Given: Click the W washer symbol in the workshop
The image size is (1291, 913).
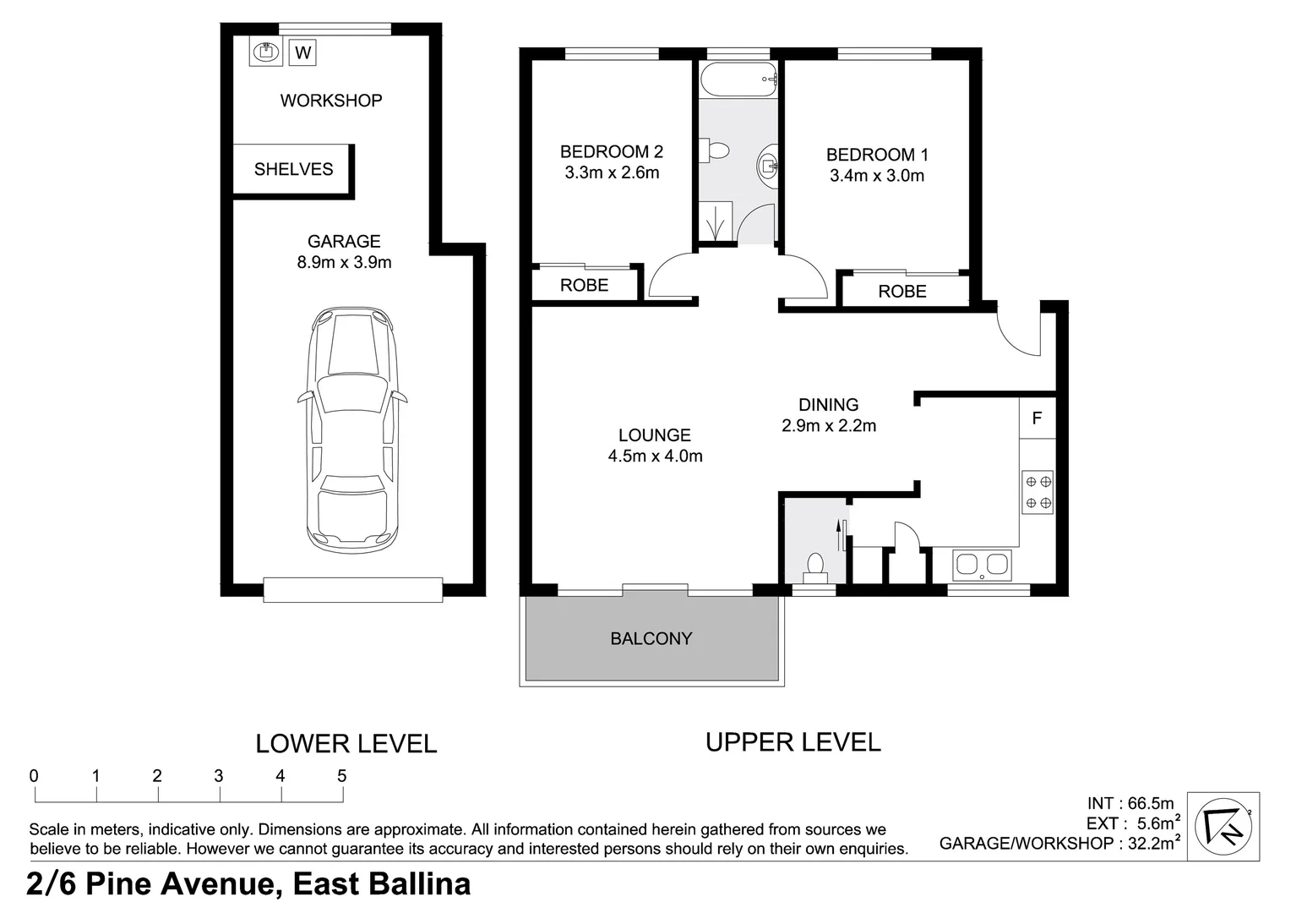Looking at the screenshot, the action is point(302,52).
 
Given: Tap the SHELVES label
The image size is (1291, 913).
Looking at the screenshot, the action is point(293,169).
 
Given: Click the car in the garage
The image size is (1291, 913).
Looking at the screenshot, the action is point(352,430).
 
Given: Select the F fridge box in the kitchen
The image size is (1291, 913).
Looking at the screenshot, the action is point(1038,418).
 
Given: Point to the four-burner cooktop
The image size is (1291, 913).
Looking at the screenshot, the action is point(1038,492).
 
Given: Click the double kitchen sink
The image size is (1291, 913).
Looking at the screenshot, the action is point(982,565).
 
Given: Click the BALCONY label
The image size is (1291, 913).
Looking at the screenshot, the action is point(651,638).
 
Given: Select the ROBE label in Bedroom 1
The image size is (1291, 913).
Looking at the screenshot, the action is point(902,292).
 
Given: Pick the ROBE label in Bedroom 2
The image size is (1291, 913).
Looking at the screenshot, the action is point(585,285).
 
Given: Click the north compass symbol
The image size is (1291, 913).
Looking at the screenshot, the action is point(1223,826).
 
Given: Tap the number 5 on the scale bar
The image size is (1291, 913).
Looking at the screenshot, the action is point(342,776).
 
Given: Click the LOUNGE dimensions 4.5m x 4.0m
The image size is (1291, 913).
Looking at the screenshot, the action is point(656,456).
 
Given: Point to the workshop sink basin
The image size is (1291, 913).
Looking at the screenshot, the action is point(265,52).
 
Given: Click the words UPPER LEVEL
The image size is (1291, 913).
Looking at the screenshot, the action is point(793,742).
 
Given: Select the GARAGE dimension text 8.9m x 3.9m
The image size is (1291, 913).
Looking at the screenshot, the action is point(344,262).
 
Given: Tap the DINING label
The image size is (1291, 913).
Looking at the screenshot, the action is point(829,404).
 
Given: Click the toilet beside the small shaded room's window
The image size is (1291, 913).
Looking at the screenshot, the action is point(815,568).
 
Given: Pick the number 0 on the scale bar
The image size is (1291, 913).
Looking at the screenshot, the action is point(34,776).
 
